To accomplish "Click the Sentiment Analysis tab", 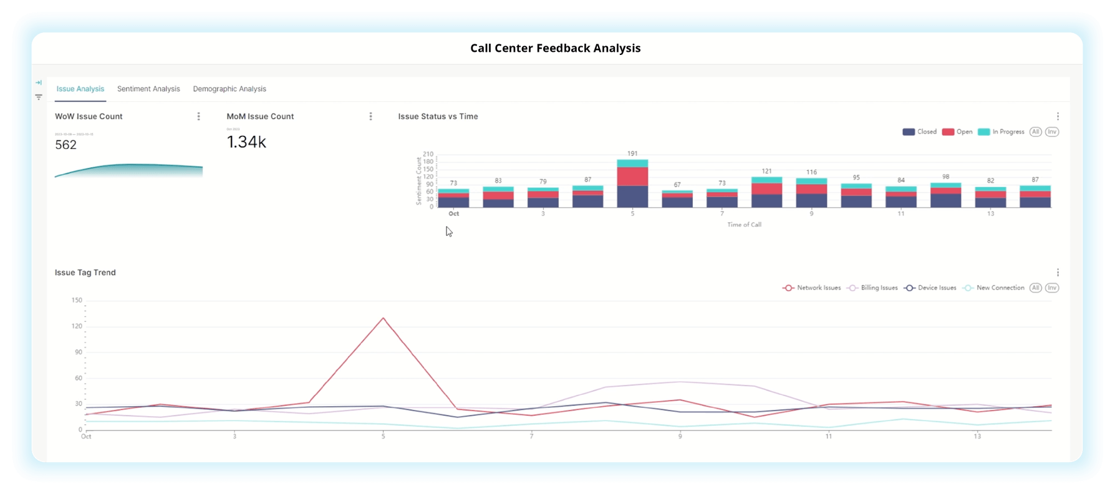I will (x=148, y=89).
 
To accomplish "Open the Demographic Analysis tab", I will (x=229, y=89).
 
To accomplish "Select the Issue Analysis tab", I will (x=80, y=89).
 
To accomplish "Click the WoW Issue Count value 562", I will (x=65, y=145).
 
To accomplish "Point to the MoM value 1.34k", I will (x=246, y=142).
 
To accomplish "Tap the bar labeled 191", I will (x=632, y=183).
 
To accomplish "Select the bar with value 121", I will (x=766, y=192).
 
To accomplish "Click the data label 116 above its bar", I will (x=811, y=172).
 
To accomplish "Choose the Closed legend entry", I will (x=920, y=132).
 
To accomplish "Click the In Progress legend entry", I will (x=1001, y=132).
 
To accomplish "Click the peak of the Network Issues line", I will (x=383, y=318).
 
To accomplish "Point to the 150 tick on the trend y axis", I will (x=77, y=300).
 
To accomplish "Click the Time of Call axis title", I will (x=744, y=225).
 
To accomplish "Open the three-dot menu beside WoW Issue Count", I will (x=199, y=117).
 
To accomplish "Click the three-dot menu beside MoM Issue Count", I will (x=370, y=117).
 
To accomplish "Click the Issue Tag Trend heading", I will (x=85, y=273).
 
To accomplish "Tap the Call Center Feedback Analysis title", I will (x=555, y=48).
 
